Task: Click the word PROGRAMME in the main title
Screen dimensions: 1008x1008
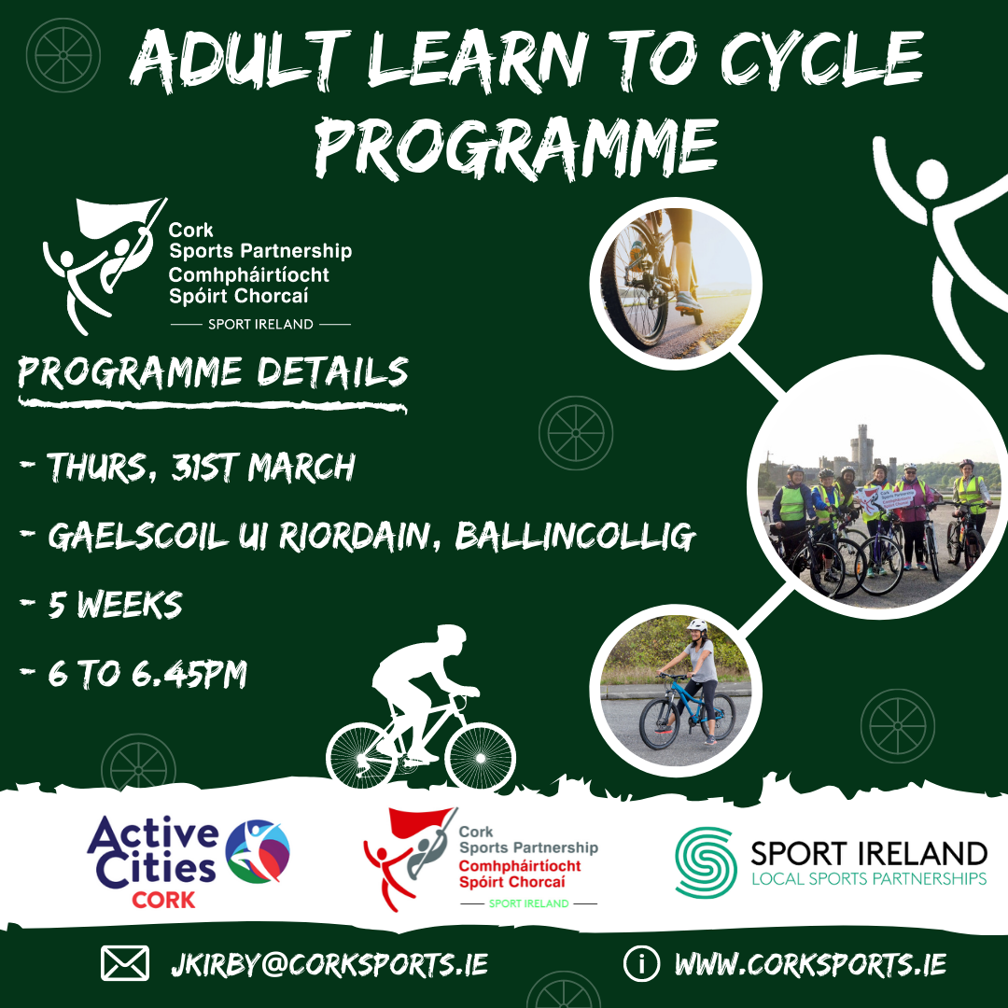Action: [516, 147]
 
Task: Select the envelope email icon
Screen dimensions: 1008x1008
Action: [125, 963]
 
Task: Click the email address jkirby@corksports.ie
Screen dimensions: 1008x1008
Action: [329, 964]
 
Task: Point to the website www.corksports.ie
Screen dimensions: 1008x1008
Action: [810, 964]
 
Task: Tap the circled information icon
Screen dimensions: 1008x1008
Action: [641, 963]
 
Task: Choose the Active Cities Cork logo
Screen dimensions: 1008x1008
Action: [189, 861]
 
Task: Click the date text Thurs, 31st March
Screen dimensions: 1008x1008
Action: [202, 467]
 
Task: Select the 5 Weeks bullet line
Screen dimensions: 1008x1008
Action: [101, 604]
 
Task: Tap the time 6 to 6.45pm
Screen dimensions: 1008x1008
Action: [133, 674]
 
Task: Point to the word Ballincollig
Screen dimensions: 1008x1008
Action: [575, 536]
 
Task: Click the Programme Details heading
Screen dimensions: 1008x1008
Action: [213, 372]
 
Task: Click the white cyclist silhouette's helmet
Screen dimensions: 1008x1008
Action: [452, 636]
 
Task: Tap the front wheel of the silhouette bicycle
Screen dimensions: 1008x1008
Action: [481, 757]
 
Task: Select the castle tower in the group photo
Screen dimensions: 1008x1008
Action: [861, 446]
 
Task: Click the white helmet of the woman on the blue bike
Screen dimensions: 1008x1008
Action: [697, 624]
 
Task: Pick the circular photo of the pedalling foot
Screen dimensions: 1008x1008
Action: [676, 284]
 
